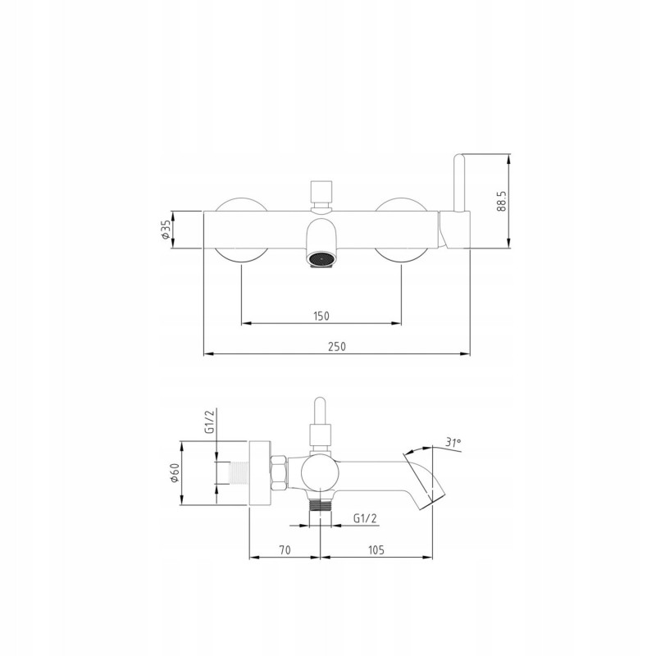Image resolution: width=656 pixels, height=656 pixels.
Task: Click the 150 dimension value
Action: [x=321, y=316]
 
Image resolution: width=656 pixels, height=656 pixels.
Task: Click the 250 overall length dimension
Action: [x=337, y=347]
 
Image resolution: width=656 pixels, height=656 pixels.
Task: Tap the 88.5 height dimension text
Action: [x=502, y=201]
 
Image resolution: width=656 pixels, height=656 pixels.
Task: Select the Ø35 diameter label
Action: [x=166, y=230]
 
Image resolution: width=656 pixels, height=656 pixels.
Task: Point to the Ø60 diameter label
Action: [x=175, y=473]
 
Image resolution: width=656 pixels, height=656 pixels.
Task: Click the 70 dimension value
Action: [x=285, y=549]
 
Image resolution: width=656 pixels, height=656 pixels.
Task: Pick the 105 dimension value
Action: [x=376, y=549]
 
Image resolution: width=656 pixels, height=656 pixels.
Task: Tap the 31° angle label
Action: [x=453, y=442]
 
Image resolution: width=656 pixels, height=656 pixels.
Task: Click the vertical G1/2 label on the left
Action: [x=210, y=421]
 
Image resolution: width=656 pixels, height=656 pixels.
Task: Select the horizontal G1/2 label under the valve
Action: [x=365, y=518]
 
